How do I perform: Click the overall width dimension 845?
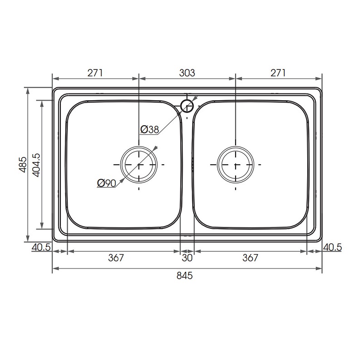pyautogui.click(x=185, y=275)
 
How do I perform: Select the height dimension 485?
pyautogui.click(x=23, y=165)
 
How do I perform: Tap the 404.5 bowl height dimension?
pyautogui.click(x=36, y=165)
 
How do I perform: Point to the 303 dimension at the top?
pyautogui.click(x=187, y=73)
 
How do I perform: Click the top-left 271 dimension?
pyautogui.click(x=95, y=73)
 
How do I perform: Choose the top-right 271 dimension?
pyautogui.click(x=278, y=73)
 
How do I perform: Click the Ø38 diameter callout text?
pyautogui.click(x=150, y=129)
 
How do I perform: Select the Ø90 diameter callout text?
pyautogui.click(x=107, y=183)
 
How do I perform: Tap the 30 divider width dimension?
pyautogui.click(x=187, y=258)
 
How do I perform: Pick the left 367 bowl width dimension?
pyautogui.click(x=116, y=258)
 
